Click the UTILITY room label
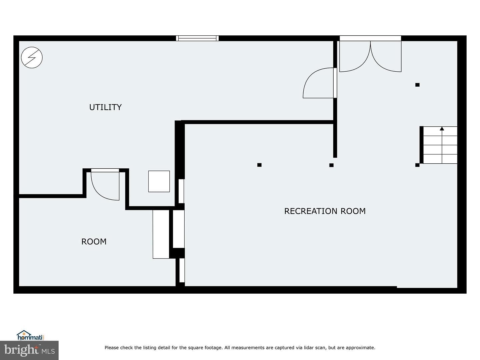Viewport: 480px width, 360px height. (105, 107)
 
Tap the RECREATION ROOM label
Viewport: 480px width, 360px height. (325, 211)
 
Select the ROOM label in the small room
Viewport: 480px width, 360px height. (94, 242)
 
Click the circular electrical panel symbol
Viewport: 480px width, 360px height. (32, 57)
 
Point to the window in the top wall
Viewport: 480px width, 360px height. (197, 38)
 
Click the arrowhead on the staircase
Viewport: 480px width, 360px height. (442, 129)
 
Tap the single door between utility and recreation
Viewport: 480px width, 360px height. (320, 83)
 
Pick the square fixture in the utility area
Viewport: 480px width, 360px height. (159, 181)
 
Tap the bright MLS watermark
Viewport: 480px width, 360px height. (29, 350)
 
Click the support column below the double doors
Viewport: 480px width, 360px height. (417, 85)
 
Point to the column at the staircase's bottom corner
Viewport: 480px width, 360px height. (417, 165)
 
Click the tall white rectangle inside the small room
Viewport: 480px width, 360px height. (161, 234)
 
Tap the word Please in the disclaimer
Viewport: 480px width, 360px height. (112, 348)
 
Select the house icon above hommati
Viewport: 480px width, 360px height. (24, 333)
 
